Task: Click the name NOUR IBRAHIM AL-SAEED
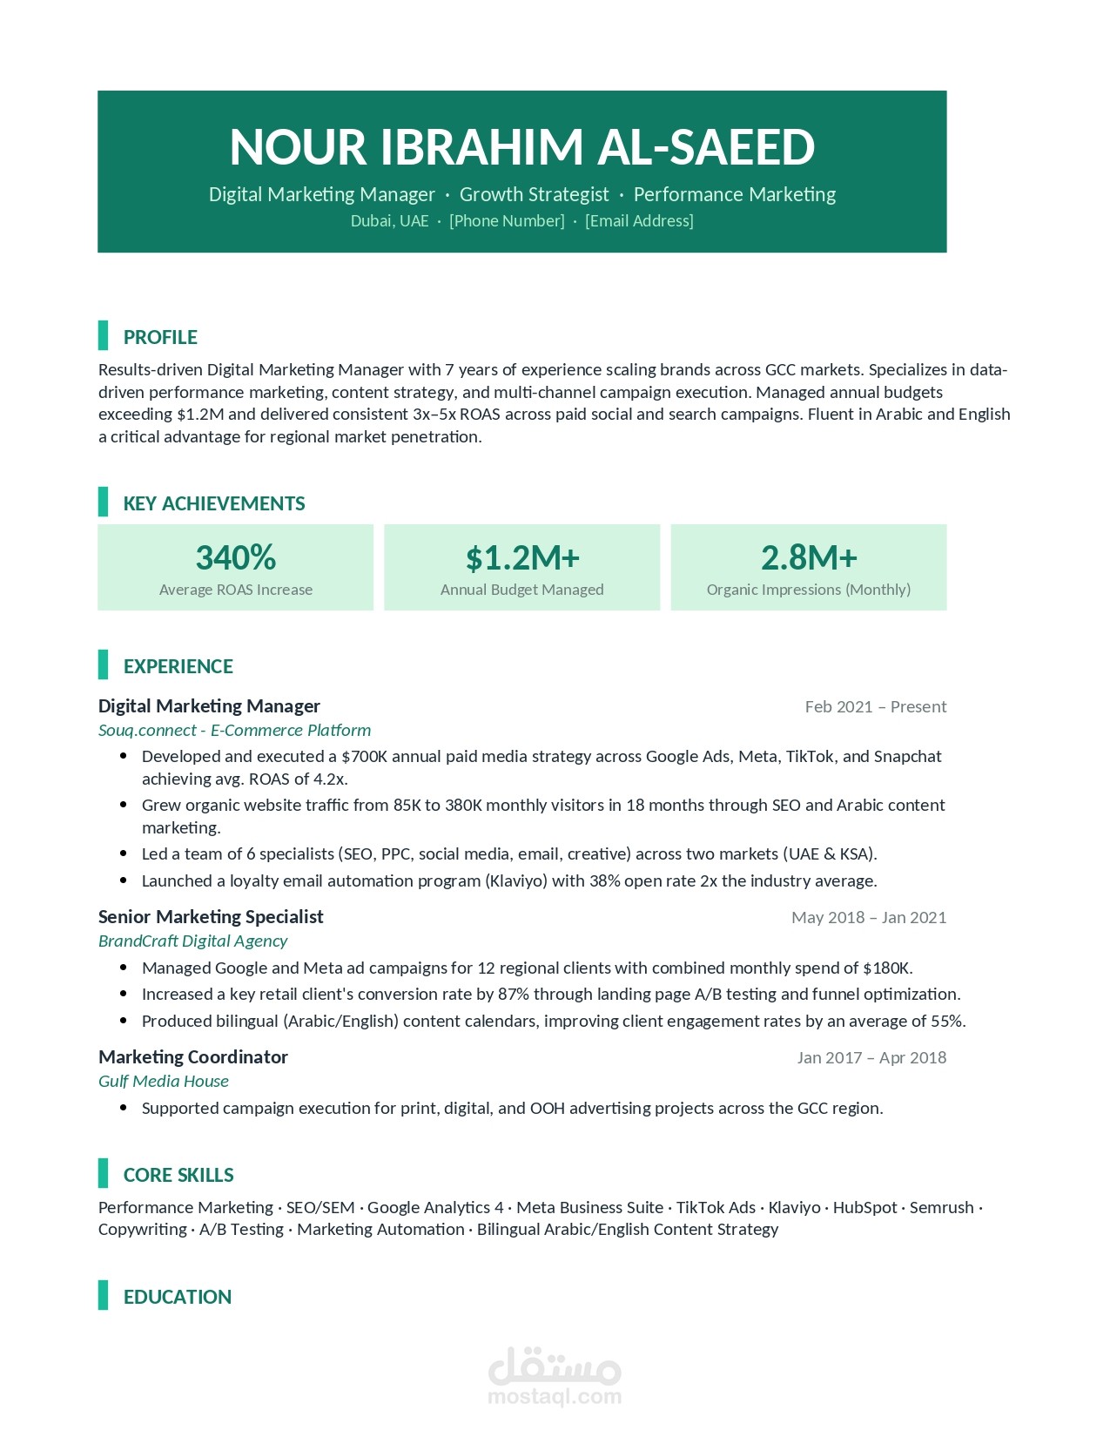(x=521, y=146)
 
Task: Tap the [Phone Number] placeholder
(x=507, y=221)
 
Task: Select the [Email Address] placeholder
(x=639, y=221)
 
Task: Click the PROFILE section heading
(x=160, y=337)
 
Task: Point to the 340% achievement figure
(x=235, y=557)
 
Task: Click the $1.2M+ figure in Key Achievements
(x=522, y=558)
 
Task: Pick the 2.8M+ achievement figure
(x=809, y=557)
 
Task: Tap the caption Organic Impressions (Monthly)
(x=809, y=590)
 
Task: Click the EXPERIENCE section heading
(x=178, y=666)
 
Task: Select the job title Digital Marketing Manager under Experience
(x=209, y=705)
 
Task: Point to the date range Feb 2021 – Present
(x=875, y=706)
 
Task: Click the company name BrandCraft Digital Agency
(x=192, y=941)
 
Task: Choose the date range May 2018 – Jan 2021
(x=868, y=917)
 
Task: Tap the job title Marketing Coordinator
(x=192, y=1056)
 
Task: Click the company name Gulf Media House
(x=164, y=1081)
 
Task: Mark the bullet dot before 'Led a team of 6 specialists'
(x=124, y=853)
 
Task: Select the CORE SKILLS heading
(x=178, y=1175)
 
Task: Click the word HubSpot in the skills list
(x=864, y=1207)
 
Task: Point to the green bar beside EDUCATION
(x=103, y=1295)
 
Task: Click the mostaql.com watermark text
(x=555, y=1397)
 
